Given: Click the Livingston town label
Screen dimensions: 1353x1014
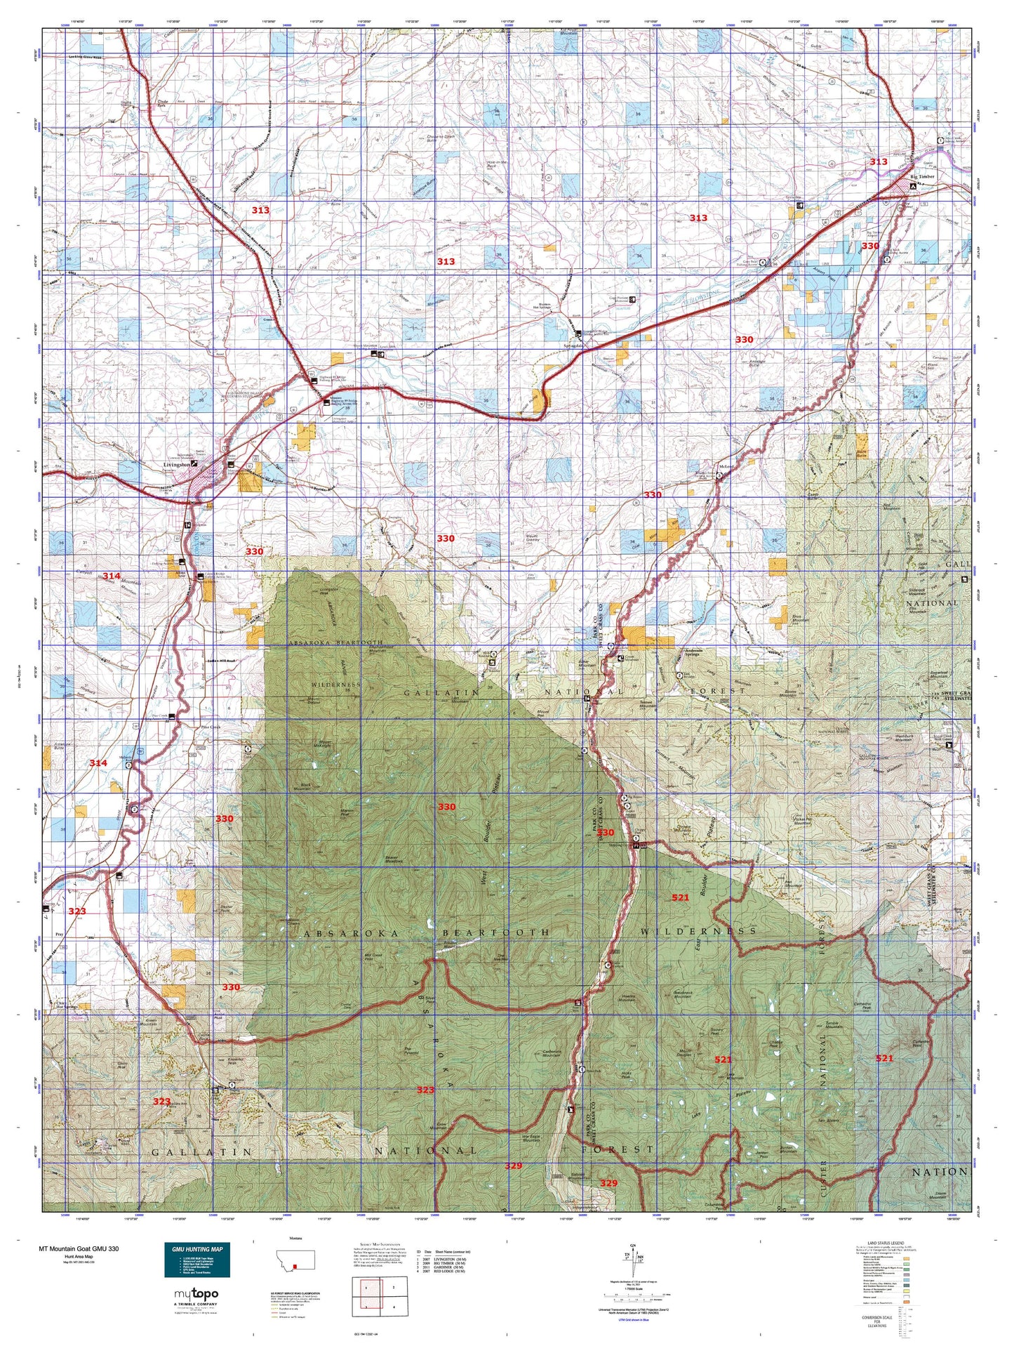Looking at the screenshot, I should pos(176,464).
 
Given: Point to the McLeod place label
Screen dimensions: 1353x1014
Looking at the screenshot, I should pos(726,467).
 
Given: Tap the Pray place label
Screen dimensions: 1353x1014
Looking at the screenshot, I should pos(59,935).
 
